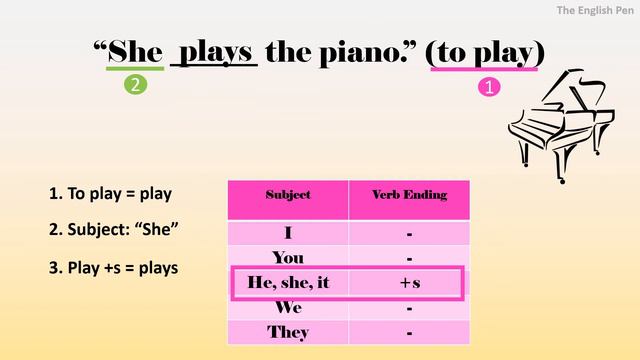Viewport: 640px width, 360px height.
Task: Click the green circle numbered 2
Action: [135, 85]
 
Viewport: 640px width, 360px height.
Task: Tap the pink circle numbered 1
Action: [489, 88]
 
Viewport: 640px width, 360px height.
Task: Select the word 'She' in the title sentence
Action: [135, 51]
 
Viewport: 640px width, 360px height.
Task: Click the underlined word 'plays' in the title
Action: [216, 50]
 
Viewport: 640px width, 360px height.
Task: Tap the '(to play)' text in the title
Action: [485, 51]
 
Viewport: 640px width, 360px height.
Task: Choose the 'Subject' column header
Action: [288, 194]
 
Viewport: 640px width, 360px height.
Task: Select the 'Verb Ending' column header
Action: [409, 194]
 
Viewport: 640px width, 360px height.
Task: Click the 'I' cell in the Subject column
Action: [288, 234]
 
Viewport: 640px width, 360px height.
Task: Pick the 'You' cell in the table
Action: [288, 258]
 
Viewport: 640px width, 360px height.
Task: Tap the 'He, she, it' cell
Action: [288, 283]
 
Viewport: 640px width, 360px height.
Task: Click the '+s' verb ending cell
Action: [410, 283]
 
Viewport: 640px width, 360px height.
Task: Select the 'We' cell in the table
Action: [288, 308]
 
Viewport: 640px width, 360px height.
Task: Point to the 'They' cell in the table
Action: [288, 332]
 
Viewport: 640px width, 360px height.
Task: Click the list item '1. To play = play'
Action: [110, 193]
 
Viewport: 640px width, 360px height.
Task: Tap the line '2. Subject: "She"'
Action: [113, 229]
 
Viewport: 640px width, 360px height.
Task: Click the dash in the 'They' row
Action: [410, 332]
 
